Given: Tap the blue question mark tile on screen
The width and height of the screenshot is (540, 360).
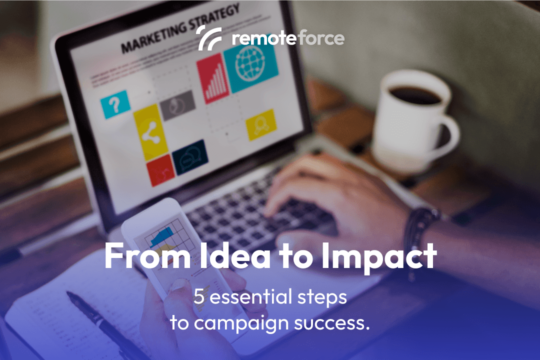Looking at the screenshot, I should click(115, 104).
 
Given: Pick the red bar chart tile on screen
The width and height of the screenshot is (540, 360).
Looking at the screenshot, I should click(212, 79).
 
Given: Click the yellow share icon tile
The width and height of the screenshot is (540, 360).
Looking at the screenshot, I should click(148, 133).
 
